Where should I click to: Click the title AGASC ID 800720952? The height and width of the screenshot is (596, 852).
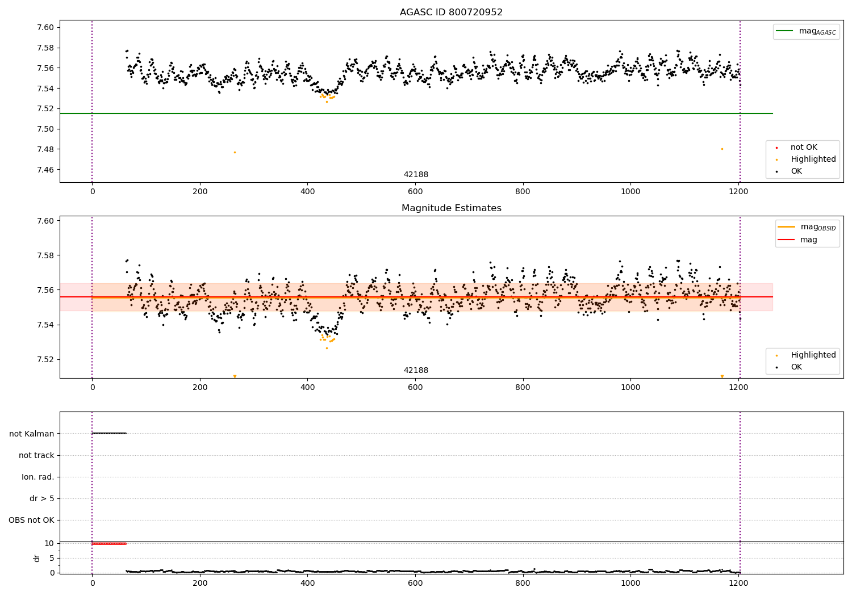(x=451, y=12)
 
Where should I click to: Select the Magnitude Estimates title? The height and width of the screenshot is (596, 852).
(x=451, y=208)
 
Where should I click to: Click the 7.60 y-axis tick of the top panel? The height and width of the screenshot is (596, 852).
(x=45, y=28)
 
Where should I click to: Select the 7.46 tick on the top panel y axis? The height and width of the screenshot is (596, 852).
(x=45, y=170)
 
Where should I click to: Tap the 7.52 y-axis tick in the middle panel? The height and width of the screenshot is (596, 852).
(x=45, y=359)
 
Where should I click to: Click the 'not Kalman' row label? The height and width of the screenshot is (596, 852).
(x=32, y=434)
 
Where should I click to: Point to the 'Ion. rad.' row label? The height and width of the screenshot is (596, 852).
(x=38, y=477)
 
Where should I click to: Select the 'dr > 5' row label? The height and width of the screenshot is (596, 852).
(x=42, y=498)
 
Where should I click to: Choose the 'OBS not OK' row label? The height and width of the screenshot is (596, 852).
(x=32, y=520)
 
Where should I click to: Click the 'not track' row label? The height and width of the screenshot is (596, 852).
(x=36, y=455)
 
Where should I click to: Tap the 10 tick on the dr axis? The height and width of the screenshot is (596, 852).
(x=49, y=543)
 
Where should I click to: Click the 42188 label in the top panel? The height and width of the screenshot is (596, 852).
(x=416, y=175)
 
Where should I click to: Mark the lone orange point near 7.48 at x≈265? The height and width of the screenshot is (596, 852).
(x=235, y=152)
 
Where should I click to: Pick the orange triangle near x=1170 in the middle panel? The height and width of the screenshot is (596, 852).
(x=722, y=376)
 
